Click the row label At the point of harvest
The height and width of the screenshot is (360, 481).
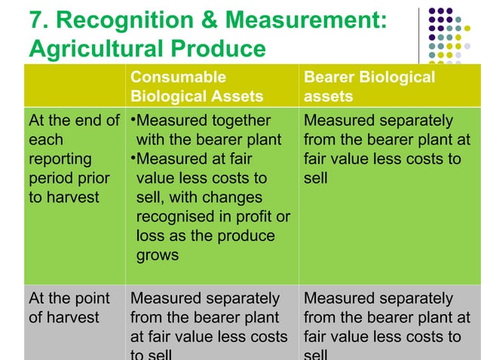(69, 308)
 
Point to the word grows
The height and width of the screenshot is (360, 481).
(158, 255)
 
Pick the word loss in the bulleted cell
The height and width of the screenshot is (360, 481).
(150, 236)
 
